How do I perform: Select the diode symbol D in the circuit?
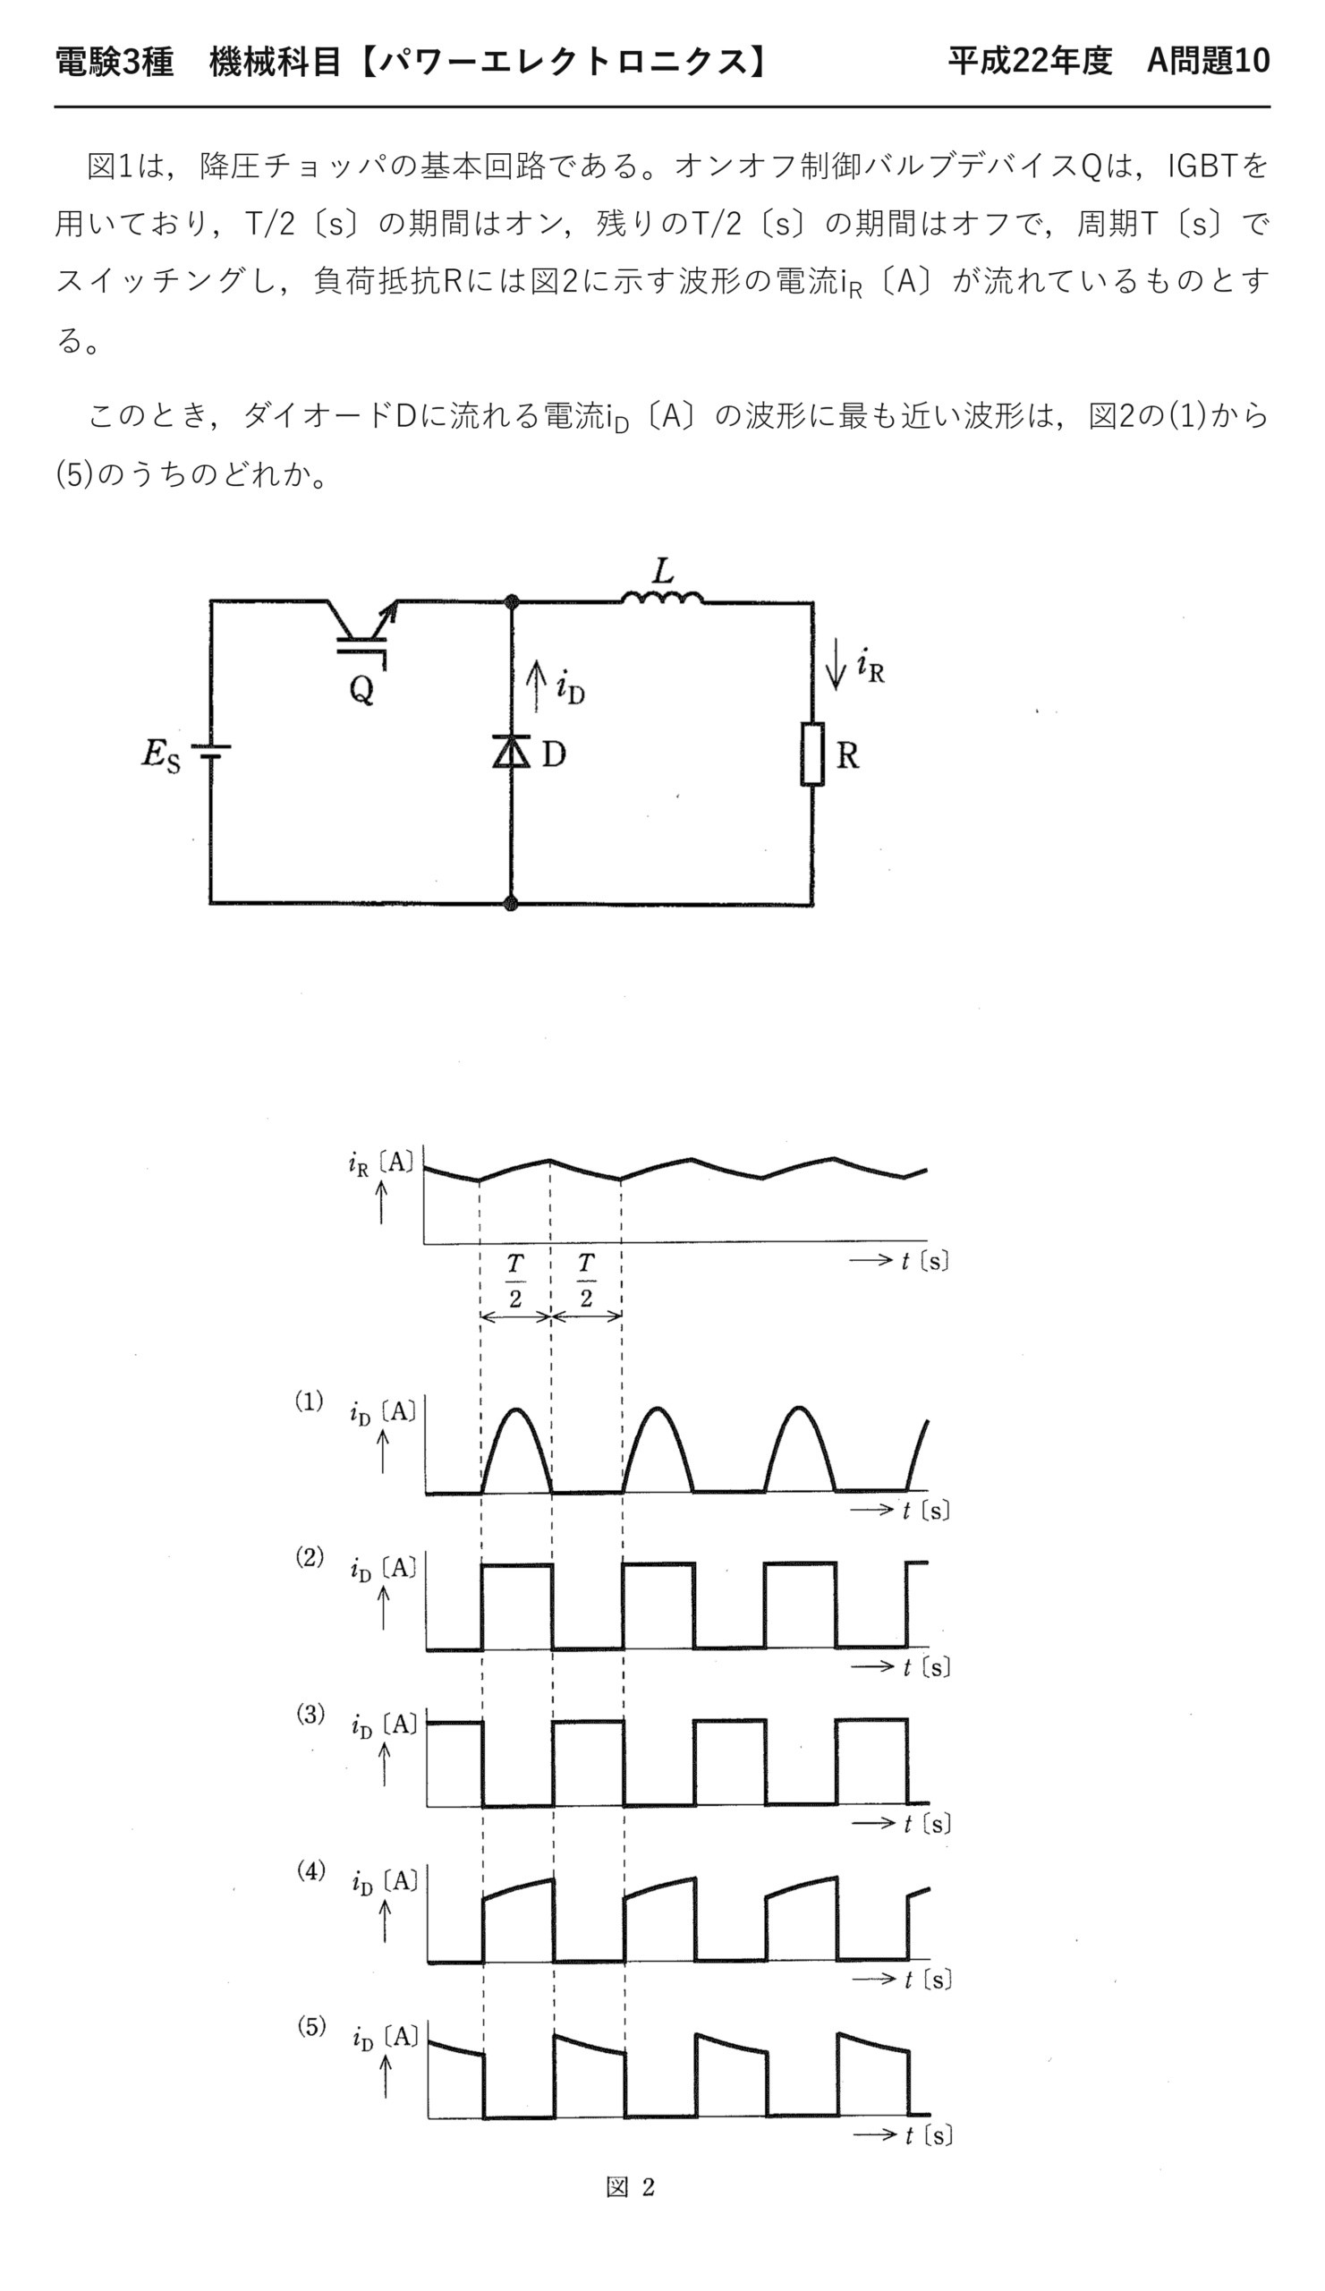512,751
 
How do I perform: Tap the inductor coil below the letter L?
662,597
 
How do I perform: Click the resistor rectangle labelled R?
812,754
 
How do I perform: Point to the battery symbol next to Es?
211,752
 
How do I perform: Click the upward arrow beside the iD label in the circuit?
537,686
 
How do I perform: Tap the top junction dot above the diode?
512,600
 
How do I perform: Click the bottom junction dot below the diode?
511,904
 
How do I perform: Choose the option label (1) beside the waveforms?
309,1401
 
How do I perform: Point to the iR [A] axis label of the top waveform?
381,1163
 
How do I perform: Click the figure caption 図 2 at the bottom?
631,2187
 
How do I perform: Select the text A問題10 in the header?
1208,61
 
